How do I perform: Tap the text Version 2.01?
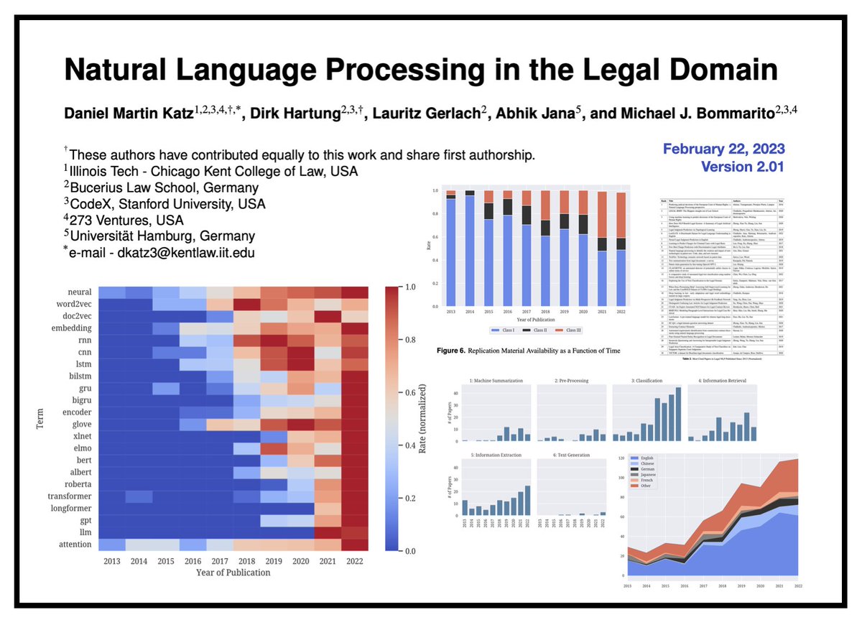click(742, 166)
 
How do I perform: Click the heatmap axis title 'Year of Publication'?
click(233, 573)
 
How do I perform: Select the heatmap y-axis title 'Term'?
click(41, 417)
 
